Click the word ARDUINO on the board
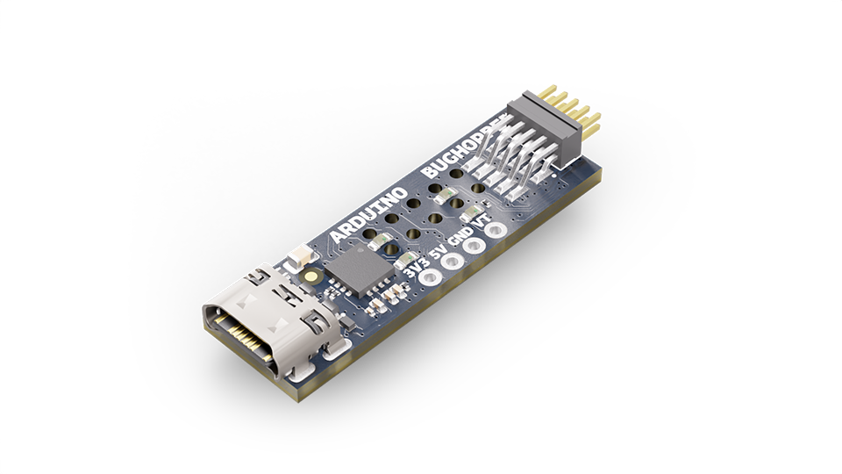tap(367, 215)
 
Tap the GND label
tap(460, 238)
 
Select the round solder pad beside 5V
tap(453, 262)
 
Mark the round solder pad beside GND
tap(475, 248)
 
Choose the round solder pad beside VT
tap(497, 232)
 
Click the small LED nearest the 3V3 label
tap(406, 260)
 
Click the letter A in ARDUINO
tap(339, 238)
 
